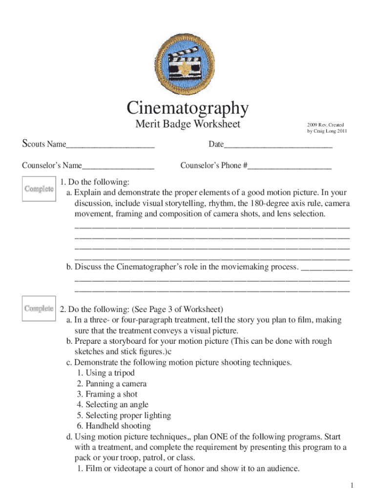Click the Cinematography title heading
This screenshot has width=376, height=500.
click(188, 107)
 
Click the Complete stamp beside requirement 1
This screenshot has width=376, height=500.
click(39, 189)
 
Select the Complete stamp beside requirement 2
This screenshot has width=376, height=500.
click(39, 309)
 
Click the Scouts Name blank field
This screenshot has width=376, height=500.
click(110, 145)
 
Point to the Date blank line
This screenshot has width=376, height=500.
click(278, 145)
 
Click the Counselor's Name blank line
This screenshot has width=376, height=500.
click(118, 166)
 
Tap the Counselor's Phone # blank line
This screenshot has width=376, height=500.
click(289, 166)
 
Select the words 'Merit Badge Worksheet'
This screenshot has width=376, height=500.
click(188, 125)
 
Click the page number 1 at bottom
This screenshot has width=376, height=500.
click(351, 485)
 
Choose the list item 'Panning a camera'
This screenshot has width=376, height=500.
click(111, 384)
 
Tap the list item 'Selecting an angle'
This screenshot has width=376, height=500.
click(112, 405)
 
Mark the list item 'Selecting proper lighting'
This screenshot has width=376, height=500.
click(124, 416)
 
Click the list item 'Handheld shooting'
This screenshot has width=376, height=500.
click(113, 426)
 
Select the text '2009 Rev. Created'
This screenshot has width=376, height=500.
click(326, 125)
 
